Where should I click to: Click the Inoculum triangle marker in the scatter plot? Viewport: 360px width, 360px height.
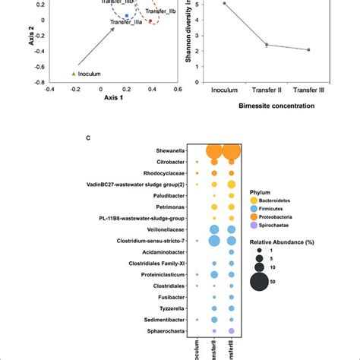[73, 74]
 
